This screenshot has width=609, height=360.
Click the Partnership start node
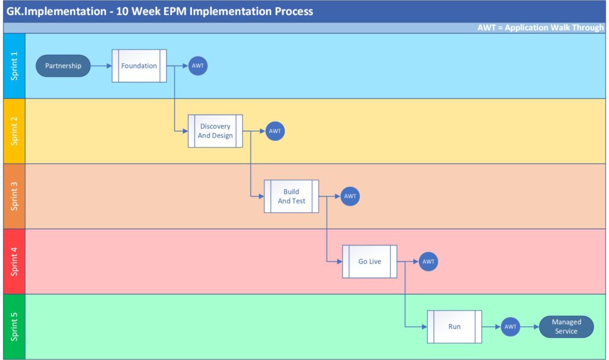tap(63, 65)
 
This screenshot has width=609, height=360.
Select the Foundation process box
tap(139, 65)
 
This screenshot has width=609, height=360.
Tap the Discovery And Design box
tap(215, 131)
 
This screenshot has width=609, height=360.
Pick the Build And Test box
tap(291, 196)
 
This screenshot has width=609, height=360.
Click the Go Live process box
tap(369, 262)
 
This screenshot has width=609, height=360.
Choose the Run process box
tap(454, 327)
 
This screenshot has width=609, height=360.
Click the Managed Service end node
tap(566, 327)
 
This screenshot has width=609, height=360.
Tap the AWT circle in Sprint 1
tap(197, 65)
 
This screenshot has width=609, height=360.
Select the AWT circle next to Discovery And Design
tap(275, 131)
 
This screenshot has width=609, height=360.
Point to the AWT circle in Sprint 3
tap(350, 196)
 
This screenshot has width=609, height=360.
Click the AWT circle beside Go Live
tap(428, 262)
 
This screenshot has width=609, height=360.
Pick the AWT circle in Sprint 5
tap(510, 327)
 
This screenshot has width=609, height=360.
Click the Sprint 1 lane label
tap(14, 66)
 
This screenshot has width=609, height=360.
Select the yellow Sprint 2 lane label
tap(14, 131)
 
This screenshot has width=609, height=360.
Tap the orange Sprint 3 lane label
tap(14, 196)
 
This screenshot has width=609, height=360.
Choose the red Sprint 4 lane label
tap(14, 262)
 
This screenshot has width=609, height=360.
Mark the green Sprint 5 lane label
tap(14, 327)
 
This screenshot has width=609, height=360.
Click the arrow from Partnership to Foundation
tap(101, 65)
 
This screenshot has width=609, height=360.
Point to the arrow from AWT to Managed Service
tap(530, 327)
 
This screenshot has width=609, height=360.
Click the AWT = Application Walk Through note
tap(540, 27)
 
